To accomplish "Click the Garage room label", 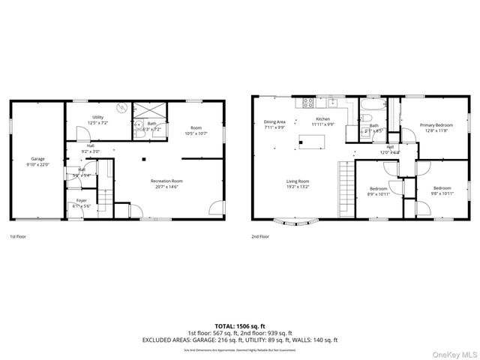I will (38, 158).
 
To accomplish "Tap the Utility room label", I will (98, 117).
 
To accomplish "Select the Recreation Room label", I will (166, 181).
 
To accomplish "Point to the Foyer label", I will (81, 200).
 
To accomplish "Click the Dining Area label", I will (274, 121).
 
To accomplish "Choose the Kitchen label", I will (322, 118).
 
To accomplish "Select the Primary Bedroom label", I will (436, 125).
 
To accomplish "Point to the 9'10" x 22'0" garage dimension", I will (38, 164).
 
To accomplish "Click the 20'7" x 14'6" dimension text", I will (166, 187).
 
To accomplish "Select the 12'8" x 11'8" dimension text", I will (436, 131).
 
